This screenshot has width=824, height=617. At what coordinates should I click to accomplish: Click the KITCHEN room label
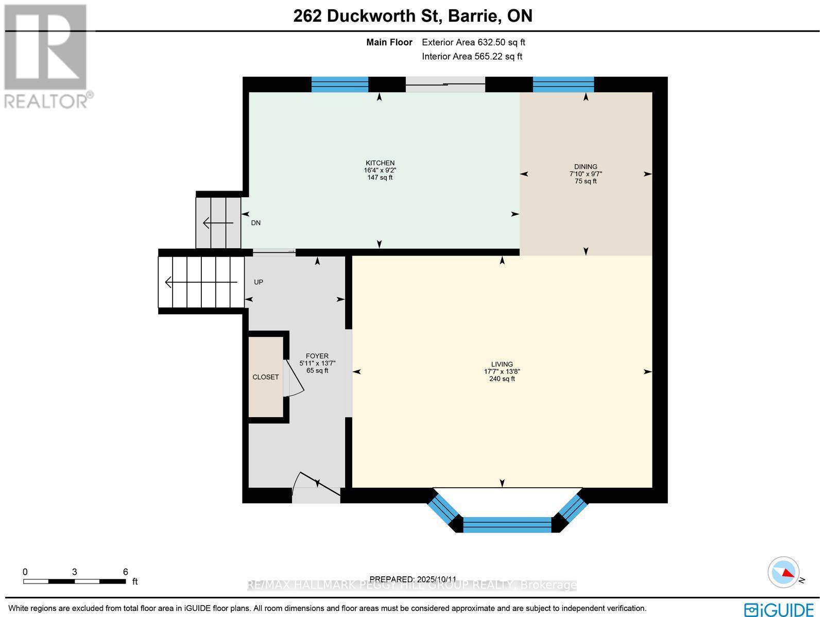click(x=380, y=163)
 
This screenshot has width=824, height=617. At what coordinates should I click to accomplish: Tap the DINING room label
click(x=586, y=167)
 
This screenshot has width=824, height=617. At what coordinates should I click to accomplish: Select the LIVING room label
click(x=502, y=364)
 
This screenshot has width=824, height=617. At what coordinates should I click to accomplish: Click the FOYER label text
click(x=317, y=356)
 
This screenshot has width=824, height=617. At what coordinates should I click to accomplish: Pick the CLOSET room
click(x=266, y=377)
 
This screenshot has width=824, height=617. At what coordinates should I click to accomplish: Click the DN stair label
click(x=255, y=223)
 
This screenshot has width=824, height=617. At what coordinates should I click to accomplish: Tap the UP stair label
click(x=259, y=282)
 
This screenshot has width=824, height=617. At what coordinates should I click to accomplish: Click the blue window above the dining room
click(x=563, y=84)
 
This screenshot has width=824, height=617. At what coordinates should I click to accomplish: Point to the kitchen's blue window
click(x=340, y=84)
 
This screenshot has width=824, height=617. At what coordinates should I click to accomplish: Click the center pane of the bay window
click(x=507, y=525)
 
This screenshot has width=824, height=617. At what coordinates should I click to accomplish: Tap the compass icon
click(x=783, y=572)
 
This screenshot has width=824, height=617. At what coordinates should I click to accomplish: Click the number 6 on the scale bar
click(x=125, y=572)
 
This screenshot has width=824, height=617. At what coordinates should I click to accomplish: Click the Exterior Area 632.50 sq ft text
click(x=473, y=43)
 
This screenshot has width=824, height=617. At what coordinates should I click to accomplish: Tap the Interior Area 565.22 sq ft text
click(x=472, y=57)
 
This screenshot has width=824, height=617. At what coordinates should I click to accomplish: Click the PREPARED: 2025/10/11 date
click(x=413, y=579)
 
